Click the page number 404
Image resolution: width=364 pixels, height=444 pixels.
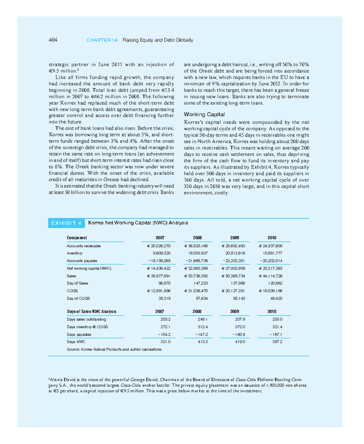click(53, 40)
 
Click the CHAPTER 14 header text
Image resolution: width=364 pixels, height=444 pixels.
click(102, 40)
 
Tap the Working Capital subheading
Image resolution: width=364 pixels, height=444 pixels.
click(204, 114)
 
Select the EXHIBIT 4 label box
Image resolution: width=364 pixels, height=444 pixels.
click(66, 223)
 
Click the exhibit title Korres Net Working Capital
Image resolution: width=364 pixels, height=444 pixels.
click(138, 223)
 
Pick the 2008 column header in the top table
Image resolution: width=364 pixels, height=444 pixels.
click(197, 238)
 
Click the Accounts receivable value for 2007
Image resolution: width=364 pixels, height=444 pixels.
click(159, 246)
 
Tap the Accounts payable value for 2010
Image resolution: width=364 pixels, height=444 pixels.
click(271, 261)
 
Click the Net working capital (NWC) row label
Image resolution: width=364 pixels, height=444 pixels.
click(89, 268)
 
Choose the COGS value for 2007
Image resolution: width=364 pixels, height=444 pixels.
click(159, 291)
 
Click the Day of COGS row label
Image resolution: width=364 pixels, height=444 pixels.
click(78, 298)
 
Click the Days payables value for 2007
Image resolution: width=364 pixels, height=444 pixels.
click(164, 335)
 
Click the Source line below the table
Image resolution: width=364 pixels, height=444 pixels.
click(115, 349)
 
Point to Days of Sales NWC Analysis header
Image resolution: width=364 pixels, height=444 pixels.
click(92, 311)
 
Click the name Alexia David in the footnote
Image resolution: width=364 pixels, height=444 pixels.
click(62, 380)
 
